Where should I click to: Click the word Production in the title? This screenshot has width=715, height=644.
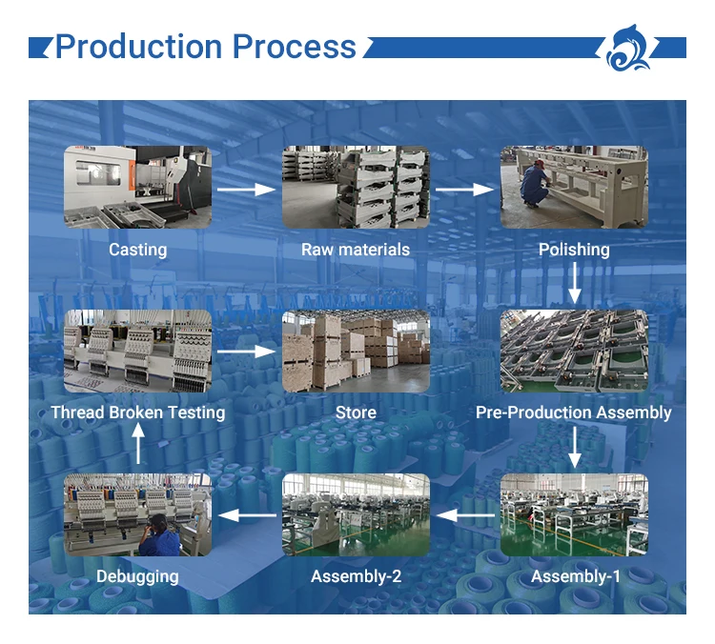click(138, 47)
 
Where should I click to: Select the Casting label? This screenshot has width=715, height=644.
click(137, 250)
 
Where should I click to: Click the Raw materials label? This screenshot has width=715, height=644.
click(356, 250)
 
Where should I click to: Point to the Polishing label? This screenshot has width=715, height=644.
click(574, 250)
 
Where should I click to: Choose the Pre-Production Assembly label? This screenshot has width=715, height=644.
click(574, 413)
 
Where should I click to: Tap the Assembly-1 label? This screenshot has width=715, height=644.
click(575, 576)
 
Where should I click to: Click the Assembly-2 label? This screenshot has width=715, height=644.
click(356, 576)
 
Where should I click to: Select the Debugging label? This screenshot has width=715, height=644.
click(137, 576)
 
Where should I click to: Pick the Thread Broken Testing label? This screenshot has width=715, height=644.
click(137, 413)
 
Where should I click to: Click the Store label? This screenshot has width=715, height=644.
click(356, 413)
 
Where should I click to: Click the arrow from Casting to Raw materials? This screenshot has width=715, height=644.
click(246, 190)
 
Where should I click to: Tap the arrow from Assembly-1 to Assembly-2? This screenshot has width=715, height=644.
click(464, 516)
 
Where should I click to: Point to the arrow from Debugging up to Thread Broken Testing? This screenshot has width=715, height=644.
click(138, 445)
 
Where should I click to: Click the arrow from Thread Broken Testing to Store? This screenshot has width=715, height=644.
click(246, 352)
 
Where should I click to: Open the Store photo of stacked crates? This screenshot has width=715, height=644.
click(356, 351)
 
